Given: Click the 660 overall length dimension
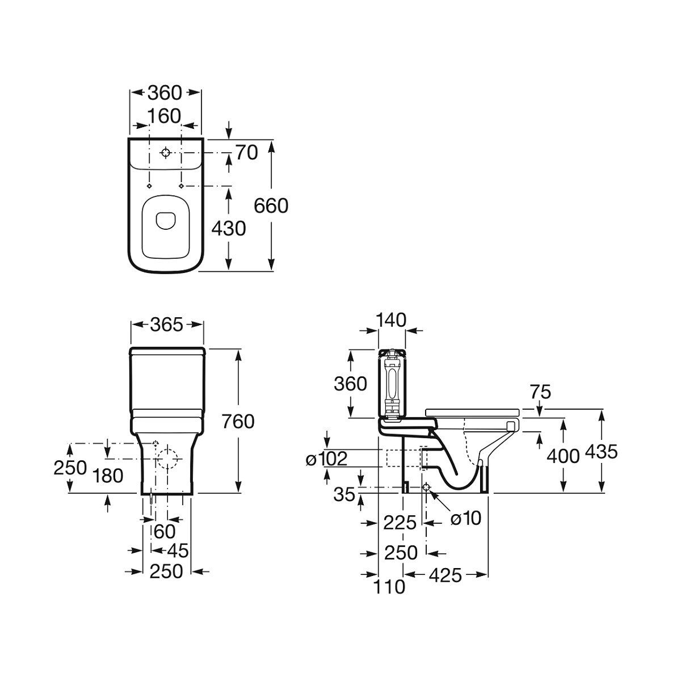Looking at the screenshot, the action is pyautogui.click(x=271, y=206).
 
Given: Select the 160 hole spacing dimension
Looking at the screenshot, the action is pyautogui.click(x=164, y=116).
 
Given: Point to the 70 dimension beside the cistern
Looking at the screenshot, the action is pyautogui.click(x=247, y=153).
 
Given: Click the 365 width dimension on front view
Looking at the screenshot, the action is pyautogui.click(x=167, y=325).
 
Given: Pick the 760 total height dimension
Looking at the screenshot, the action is pyautogui.click(x=238, y=421).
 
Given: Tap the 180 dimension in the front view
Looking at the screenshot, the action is pyautogui.click(x=108, y=476).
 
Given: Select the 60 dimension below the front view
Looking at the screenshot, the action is pyautogui.click(x=165, y=532).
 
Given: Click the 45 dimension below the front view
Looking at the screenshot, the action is pyautogui.click(x=178, y=550).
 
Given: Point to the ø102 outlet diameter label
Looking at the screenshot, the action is pyautogui.click(x=327, y=459).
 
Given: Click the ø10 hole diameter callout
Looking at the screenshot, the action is pyautogui.click(x=466, y=519).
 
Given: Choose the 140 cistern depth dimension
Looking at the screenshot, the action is pyautogui.click(x=391, y=320).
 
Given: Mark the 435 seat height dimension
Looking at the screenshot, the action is pyautogui.click(x=602, y=452).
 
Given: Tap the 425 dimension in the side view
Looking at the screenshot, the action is pyautogui.click(x=445, y=575).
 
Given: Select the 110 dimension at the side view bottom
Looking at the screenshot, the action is pyautogui.click(x=389, y=587).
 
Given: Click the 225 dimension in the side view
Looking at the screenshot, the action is pyautogui.click(x=400, y=523).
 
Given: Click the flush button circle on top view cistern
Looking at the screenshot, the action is pyautogui.click(x=165, y=153).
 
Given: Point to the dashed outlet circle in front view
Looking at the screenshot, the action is pyautogui.click(x=167, y=459).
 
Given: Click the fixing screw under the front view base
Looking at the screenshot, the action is pyautogui.click(x=152, y=499).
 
